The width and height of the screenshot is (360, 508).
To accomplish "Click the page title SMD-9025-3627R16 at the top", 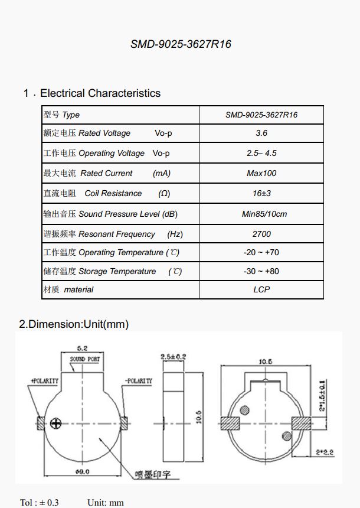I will (x=181, y=44).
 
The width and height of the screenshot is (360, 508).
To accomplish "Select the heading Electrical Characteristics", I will (x=100, y=93).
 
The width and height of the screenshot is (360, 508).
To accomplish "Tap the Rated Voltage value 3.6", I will (x=261, y=133).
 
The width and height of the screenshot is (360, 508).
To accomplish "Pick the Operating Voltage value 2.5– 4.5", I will (x=261, y=153).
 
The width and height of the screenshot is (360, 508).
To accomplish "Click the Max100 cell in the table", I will (x=261, y=173).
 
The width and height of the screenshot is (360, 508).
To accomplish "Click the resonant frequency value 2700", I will (x=261, y=234).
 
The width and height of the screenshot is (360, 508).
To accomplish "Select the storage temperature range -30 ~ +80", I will (x=261, y=271).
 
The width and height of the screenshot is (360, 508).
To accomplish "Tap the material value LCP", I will (x=261, y=289).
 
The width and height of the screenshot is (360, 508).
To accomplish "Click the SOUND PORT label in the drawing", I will (x=85, y=359).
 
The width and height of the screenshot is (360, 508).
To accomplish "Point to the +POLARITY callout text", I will (x=45, y=381).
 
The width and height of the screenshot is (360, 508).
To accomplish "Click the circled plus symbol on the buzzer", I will (x=56, y=423).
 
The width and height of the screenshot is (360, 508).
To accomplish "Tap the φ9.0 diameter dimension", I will (x=83, y=471).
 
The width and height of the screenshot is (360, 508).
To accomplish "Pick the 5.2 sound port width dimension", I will (x=83, y=349).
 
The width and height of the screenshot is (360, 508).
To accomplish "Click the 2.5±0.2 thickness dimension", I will (x=173, y=357).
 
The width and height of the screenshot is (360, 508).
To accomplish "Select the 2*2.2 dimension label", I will (x=324, y=452).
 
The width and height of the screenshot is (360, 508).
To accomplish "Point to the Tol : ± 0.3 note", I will (x=40, y=502).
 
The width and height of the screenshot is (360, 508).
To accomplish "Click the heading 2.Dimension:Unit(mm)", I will (x=74, y=324).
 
